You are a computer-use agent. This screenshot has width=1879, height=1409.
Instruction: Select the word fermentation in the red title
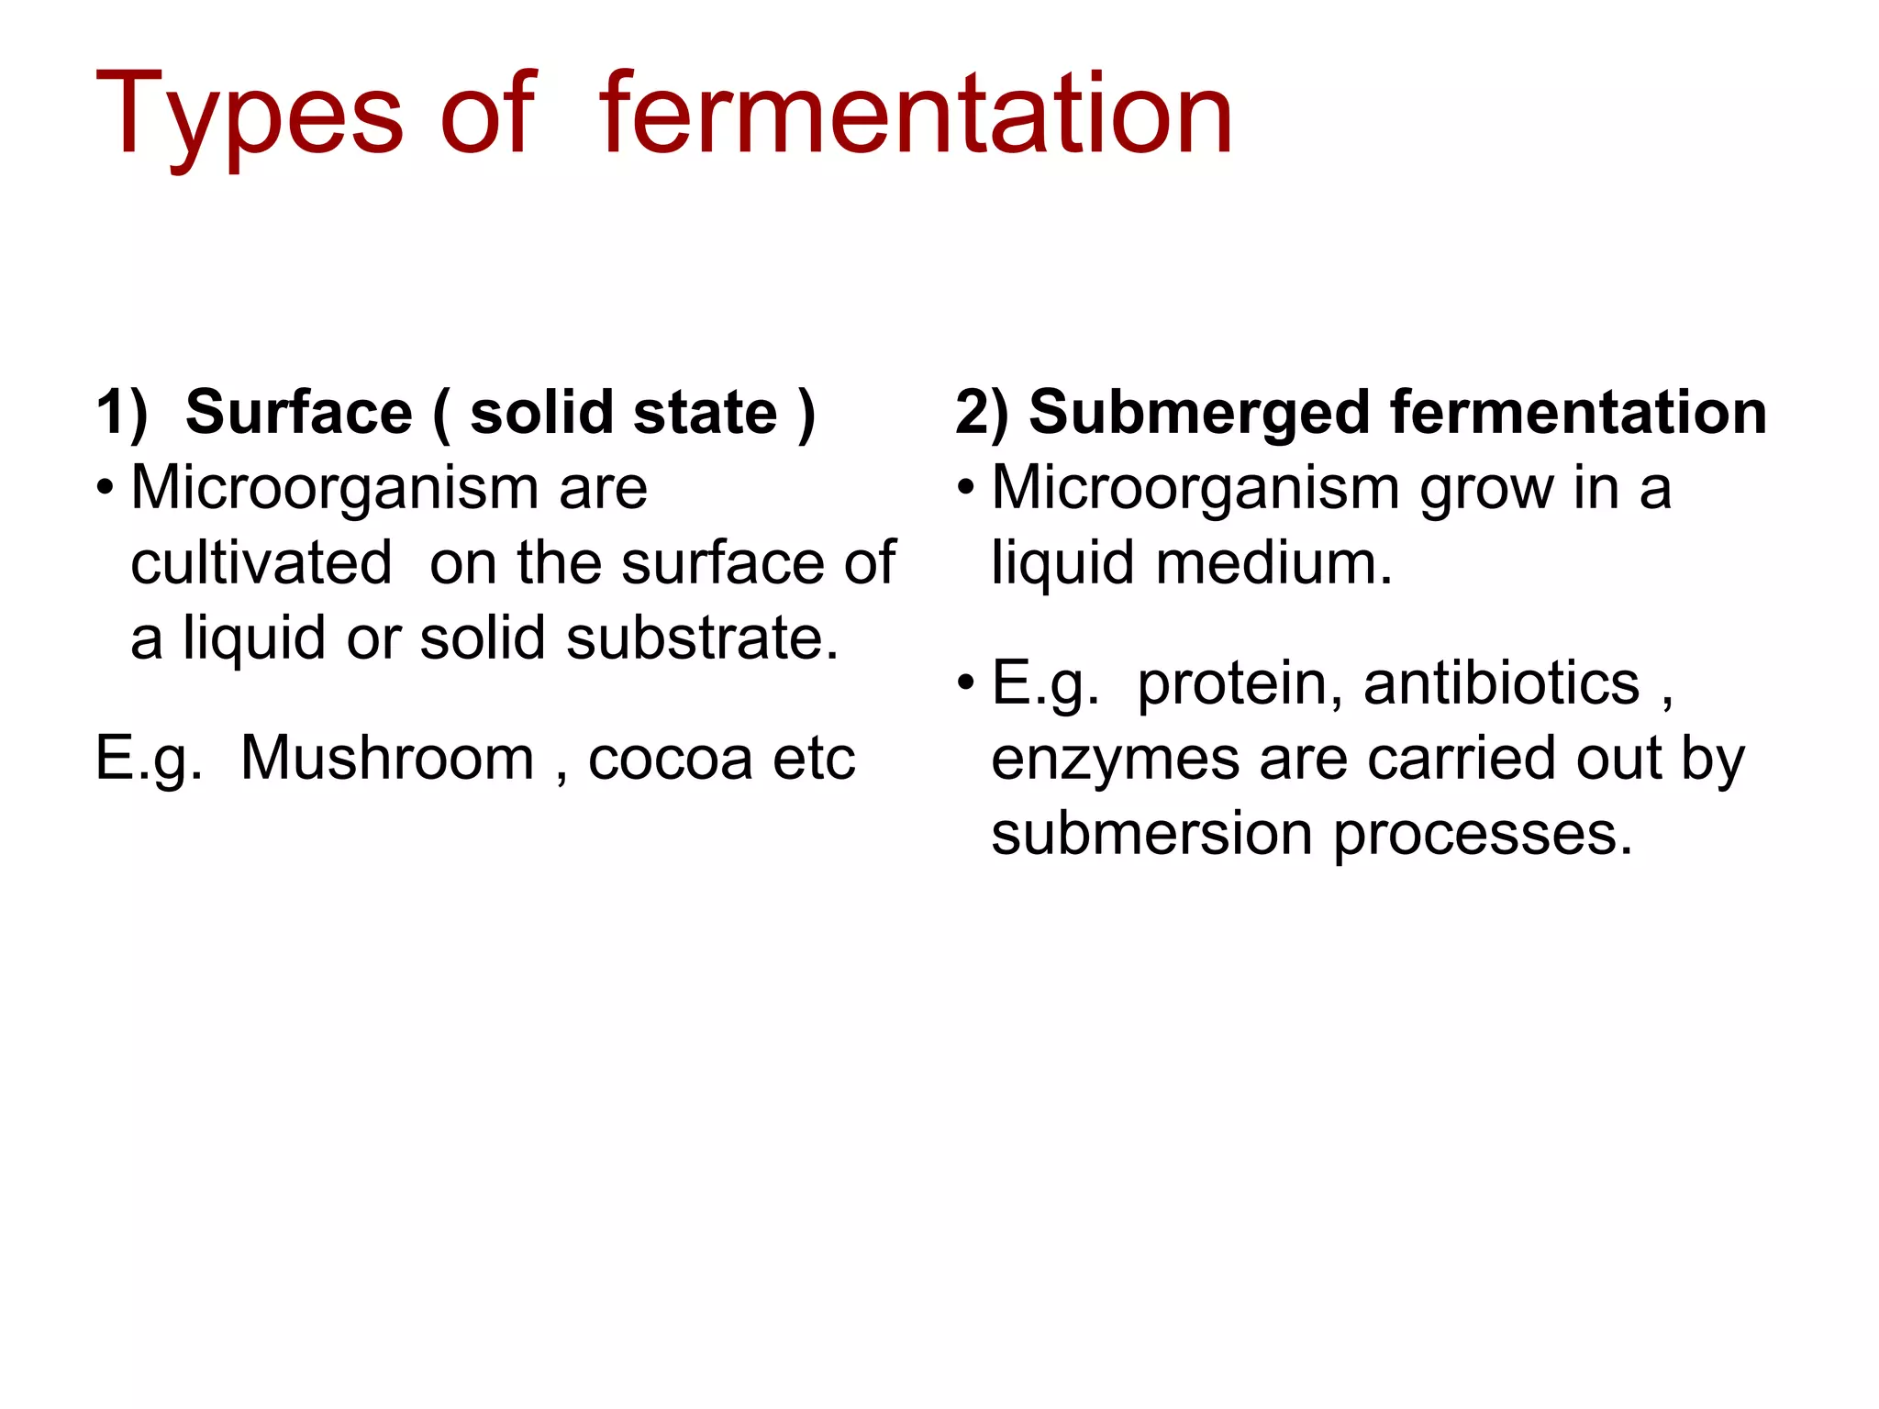click(916, 114)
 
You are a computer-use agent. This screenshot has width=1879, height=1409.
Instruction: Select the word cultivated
click(261, 562)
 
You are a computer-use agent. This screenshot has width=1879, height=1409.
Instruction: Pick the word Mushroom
click(387, 759)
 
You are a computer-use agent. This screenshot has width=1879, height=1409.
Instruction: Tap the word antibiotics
click(1501, 684)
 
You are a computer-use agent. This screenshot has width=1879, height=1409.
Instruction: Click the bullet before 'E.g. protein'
click(965, 682)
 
